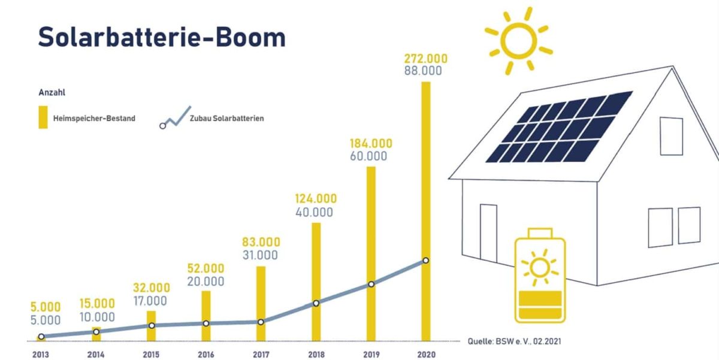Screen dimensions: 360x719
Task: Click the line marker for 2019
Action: click(x=371, y=284)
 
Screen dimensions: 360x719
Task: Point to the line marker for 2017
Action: click(x=261, y=322)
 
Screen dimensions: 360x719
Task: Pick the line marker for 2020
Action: click(x=425, y=261)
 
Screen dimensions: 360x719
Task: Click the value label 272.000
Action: click(x=426, y=59)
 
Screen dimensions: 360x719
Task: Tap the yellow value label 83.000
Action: click(x=261, y=242)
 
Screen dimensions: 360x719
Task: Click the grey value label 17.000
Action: click(x=151, y=301)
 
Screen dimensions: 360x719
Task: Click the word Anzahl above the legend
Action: click(x=52, y=93)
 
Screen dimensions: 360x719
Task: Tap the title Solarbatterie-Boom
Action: click(x=162, y=37)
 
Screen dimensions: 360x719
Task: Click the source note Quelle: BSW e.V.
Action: click(x=514, y=341)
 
